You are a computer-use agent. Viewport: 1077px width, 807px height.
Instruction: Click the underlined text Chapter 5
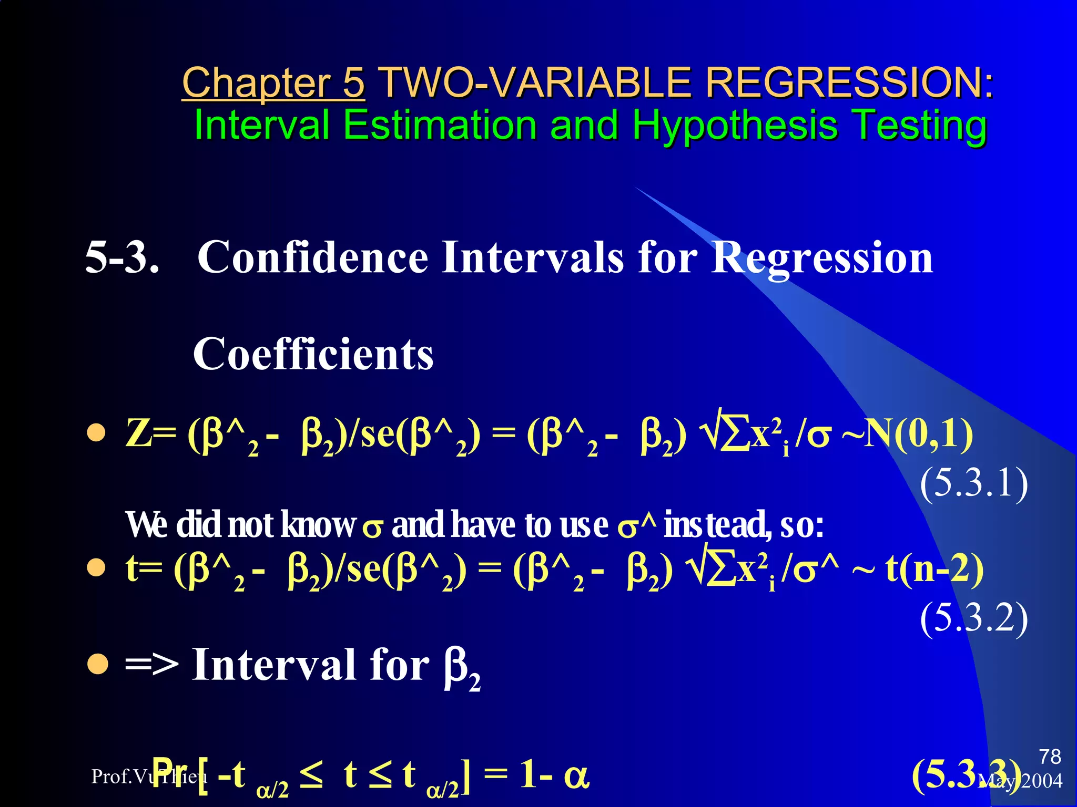coord(273,83)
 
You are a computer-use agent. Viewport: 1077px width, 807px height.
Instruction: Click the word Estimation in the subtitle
coord(440,125)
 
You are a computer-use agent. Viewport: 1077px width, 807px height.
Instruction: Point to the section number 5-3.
coord(122,257)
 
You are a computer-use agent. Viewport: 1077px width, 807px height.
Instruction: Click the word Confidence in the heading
coord(313,257)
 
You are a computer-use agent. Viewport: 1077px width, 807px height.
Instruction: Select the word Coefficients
coord(313,354)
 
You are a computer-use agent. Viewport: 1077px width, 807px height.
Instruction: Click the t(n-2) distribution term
coord(934,569)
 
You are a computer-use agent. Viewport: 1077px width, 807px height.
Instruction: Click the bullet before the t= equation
coord(97,568)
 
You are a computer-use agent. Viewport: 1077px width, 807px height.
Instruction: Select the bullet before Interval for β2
coord(98,664)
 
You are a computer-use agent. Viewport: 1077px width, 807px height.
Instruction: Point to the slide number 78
coord(1050,757)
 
